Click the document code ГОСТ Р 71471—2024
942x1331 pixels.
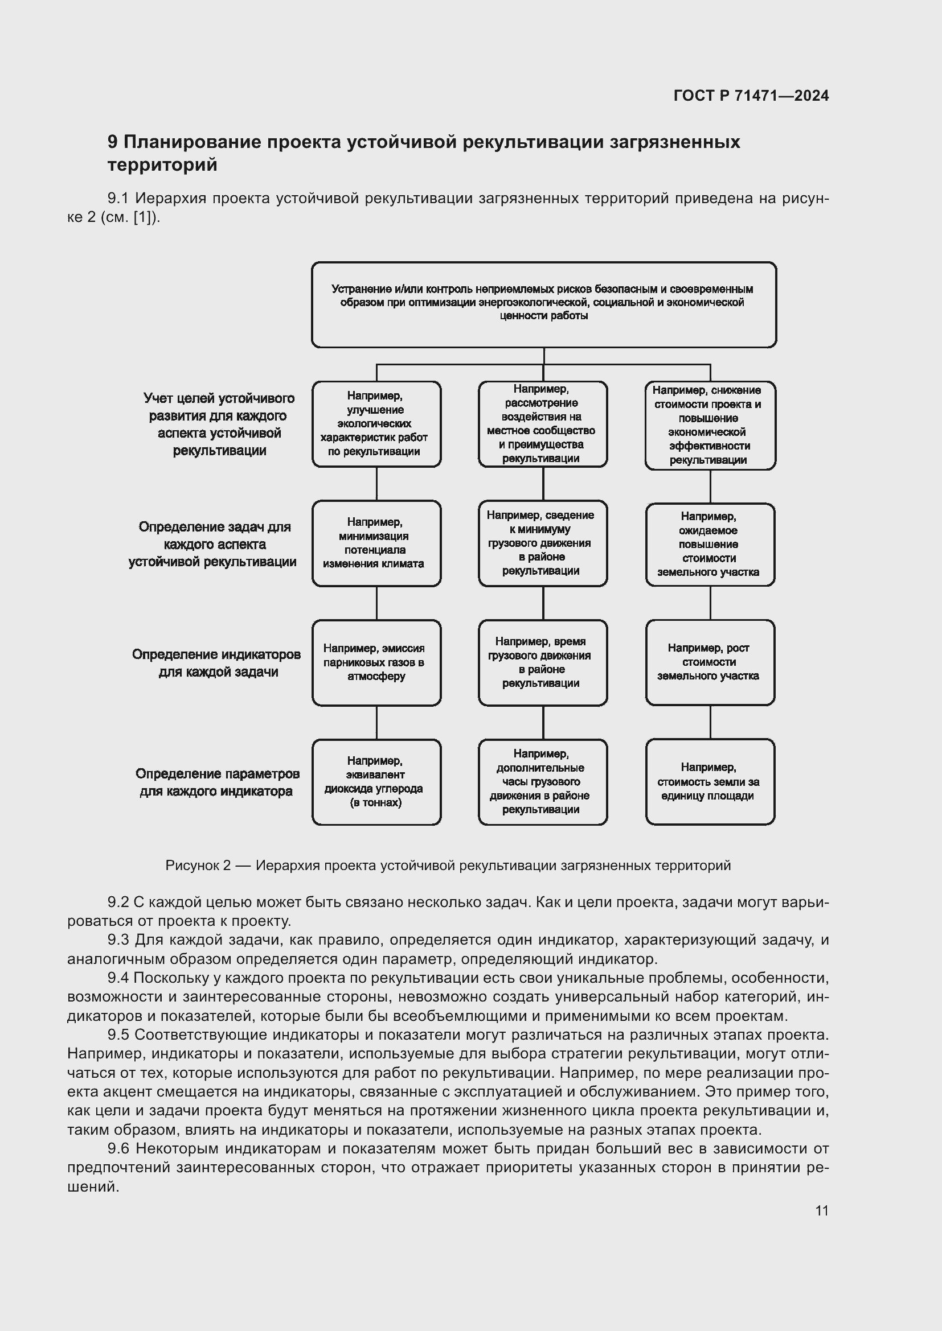pyautogui.click(x=751, y=96)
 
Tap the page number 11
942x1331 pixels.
pyautogui.click(x=821, y=1210)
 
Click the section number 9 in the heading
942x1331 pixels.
pyautogui.click(x=113, y=142)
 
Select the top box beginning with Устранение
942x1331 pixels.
pyautogui.click(x=543, y=304)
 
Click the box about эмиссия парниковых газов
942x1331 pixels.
pyautogui.click(x=376, y=662)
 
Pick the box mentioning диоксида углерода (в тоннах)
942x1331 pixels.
pyautogui.click(x=376, y=781)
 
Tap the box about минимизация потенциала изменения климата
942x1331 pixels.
pyautogui.click(x=376, y=543)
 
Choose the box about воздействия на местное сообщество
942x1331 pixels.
pyautogui.click(x=542, y=424)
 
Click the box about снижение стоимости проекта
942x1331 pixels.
pyautogui.click(x=710, y=425)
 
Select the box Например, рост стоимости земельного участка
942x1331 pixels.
pyautogui.click(x=710, y=662)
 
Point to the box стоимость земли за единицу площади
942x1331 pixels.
pyautogui.click(x=710, y=781)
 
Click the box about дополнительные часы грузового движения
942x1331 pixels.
pyautogui.click(x=542, y=781)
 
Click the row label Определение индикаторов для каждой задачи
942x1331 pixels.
pyautogui.click(x=216, y=663)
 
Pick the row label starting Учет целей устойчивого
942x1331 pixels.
pyautogui.click(x=219, y=425)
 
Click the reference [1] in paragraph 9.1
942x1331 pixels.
pyautogui.click(x=144, y=218)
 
